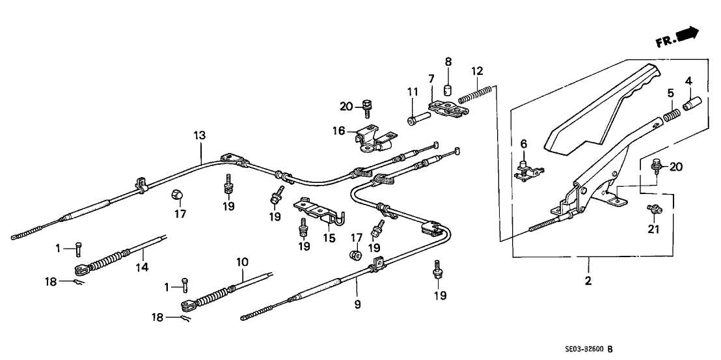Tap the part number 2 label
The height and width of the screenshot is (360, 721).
click(588, 281)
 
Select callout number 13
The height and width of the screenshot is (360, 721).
click(199, 136)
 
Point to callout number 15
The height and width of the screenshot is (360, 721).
click(330, 238)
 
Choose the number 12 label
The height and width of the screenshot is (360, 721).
click(477, 70)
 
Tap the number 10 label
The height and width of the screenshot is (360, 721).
click(242, 262)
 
